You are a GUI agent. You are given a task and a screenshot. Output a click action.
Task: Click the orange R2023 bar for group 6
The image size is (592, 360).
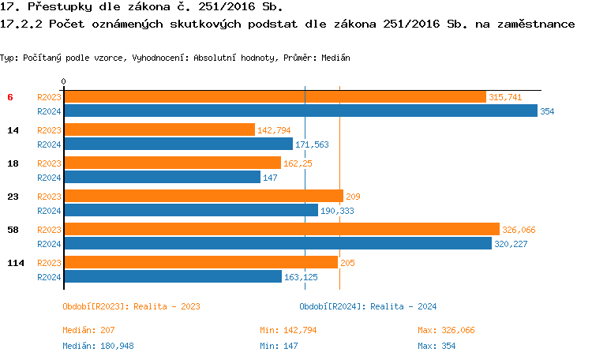coord(275,96)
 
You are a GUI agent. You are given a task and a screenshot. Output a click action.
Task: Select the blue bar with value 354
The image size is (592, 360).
coord(300,111)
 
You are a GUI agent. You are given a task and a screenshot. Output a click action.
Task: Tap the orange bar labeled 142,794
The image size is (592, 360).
coord(159,129)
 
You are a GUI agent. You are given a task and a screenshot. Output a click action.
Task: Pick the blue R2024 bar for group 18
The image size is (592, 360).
coord(162,178)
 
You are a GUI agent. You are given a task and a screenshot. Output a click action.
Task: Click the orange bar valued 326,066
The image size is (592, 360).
coord(282,229)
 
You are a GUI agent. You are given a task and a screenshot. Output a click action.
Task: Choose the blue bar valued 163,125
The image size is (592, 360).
coord(173,277)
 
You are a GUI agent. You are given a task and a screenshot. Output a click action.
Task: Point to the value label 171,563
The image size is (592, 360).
coord(311,144)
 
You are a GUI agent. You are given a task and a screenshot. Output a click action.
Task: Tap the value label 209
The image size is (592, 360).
coord(353,197)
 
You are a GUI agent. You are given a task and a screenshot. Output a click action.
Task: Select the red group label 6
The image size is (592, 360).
coord(10,96)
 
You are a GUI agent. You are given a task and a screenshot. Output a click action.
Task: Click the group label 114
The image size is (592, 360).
coord(13,262)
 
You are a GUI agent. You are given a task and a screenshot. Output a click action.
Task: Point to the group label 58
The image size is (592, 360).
coord(13,229)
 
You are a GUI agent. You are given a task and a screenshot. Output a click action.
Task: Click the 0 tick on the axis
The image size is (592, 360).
coord(63,81)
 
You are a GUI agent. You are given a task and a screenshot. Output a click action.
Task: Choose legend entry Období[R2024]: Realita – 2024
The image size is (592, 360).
coord(368,306)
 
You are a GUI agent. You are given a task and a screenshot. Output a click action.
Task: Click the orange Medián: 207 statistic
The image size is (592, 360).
coord(88,330)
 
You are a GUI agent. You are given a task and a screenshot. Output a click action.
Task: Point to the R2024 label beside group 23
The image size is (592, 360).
coord(49,211)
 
